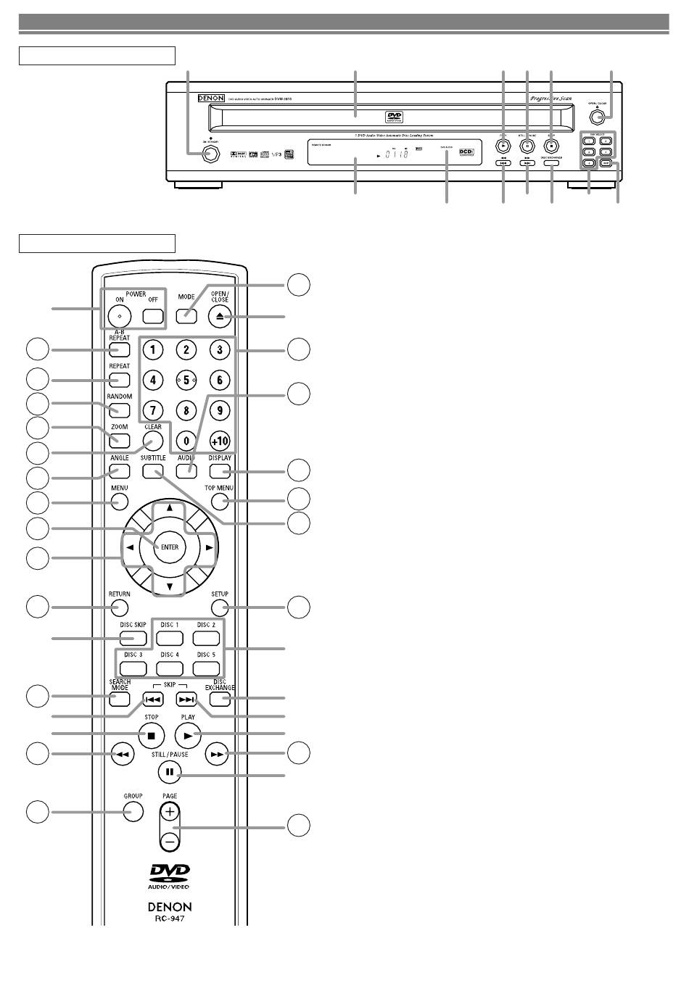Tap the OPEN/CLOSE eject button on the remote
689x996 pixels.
[x=220, y=316]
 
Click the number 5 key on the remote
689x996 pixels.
[x=186, y=380]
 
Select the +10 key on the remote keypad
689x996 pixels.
[x=219, y=440]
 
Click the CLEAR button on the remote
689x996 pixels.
[x=152, y=441]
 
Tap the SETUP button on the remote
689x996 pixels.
[x=220, y=607]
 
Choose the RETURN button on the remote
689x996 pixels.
[x=120, y=607]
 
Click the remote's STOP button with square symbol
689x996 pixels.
[x=152, y=735]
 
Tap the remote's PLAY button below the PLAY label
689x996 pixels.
[x=188, y=735]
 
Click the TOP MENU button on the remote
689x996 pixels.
[x=220, y=502]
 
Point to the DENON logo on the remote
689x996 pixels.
[x=170, y=907]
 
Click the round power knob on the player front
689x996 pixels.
[x=211, y=154]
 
